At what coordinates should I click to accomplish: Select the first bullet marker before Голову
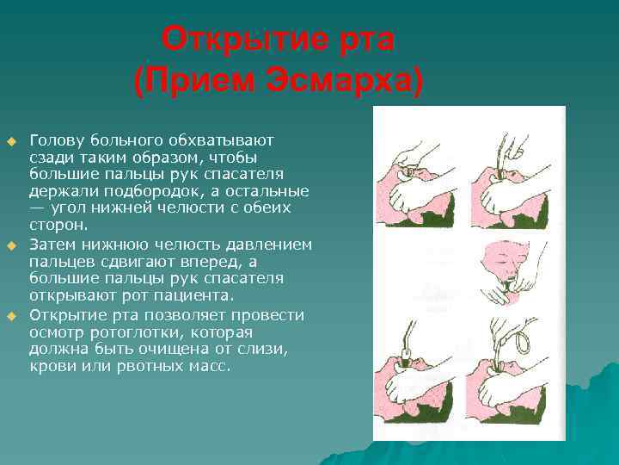click(11, 140)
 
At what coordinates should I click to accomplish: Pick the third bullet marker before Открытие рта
click(11, 317)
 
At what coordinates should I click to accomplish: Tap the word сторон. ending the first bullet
click(58, 226)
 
